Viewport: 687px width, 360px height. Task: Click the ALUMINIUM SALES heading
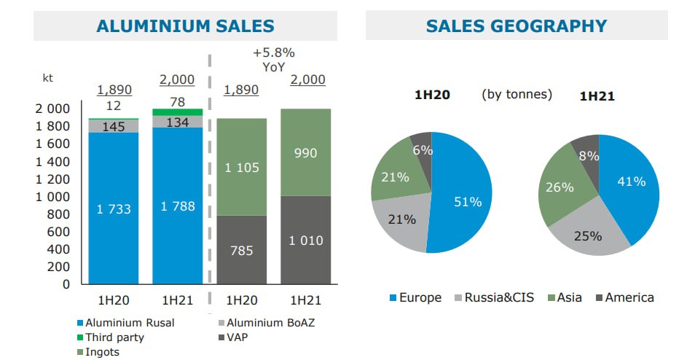pyautogui.click(x=185, y=26)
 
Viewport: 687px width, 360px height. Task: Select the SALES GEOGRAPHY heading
pyautogui.click(x=517, y=26)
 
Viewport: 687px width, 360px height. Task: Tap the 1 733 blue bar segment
pyautogui.click(x=114, y=208)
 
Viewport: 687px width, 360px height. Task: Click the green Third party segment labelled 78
pyautogui.click(x=178, y=112)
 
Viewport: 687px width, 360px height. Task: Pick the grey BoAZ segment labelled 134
pyautogui.click(x=178, y=122)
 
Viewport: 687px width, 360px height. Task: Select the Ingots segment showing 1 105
pyautogui.click(x=242, y=167)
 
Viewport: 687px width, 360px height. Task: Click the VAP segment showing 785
pyautogui.click(x=242, y=250)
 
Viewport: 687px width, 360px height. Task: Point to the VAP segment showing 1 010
pyautogui.click(x=306, y=240)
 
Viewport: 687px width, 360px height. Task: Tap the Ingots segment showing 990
pyautogui.click(x=306, y=152)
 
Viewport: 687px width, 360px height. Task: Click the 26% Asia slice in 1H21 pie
pyautogui.click(x=561, y=187)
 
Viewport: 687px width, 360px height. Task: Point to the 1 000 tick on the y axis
pyautogui.click(x=52, y=197)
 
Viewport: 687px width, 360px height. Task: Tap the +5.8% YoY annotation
pyautogui.click(x=273, y=60)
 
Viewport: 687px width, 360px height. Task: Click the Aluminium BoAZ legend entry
pyautogui.click(x=267, y=323)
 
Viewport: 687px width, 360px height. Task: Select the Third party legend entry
pyautogui.click(x=111, y=337)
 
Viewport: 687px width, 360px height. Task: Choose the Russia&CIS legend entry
pyautogui.click(x=495, y=298)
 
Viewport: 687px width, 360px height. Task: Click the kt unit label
pyautogui.click(x=47, y=78)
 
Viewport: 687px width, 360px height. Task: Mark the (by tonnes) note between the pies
pyautogui.click(x=517, y=94)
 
